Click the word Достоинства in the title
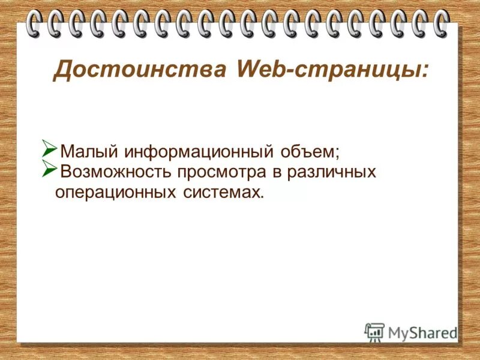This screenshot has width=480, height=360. click(x=139, y=70)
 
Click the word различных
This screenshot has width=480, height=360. click(x=332, y=173)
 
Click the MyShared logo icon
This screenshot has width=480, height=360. click(x=374, y=331)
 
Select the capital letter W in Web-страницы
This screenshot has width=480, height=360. click(x=249, y=70)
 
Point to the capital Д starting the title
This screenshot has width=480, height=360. click(x=62, y=70)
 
